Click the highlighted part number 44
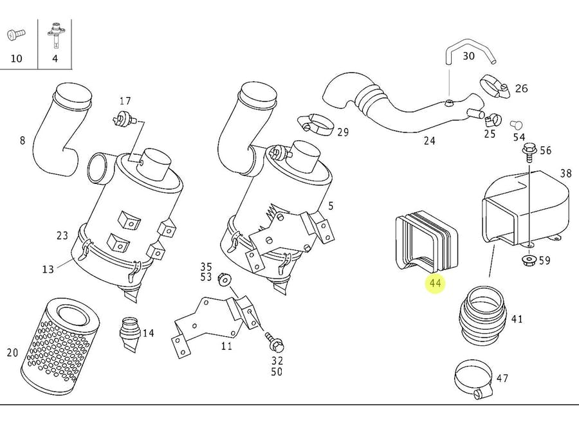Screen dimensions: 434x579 pos(436,283)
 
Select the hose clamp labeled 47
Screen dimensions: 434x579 pos(472,377)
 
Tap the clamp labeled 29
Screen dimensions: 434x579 pos(314,123)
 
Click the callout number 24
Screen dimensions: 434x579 pos(429,140)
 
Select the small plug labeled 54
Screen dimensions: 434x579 pos(515,123)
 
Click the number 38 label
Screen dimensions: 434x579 pos(565,173)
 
